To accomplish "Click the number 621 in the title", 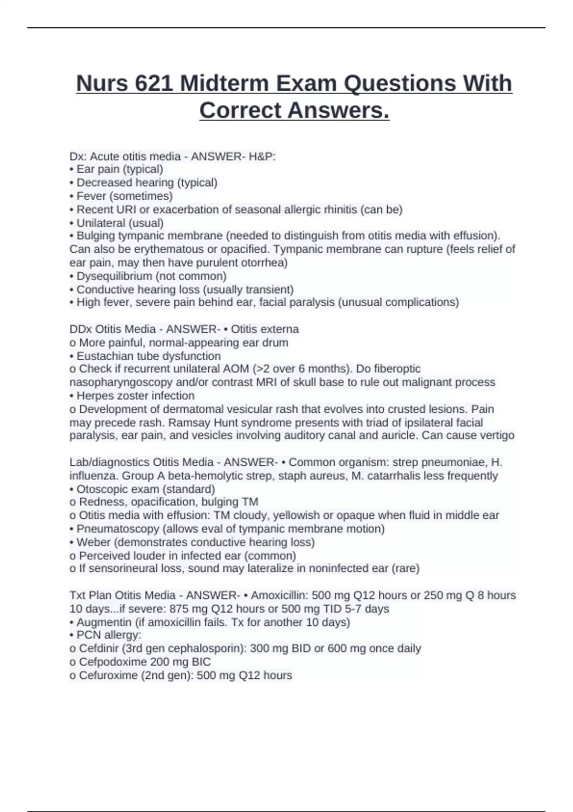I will pyautogui.click(x=154, y=84).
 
